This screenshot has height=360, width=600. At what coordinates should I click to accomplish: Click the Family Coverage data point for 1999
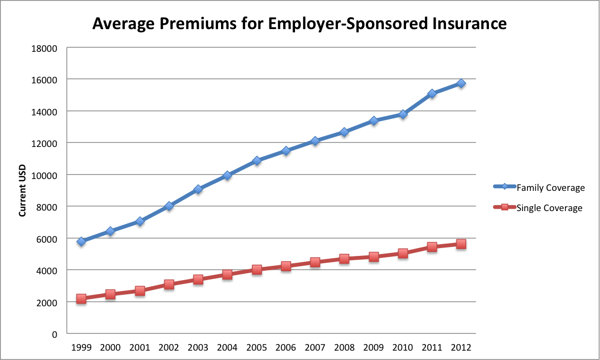tap(81, 241)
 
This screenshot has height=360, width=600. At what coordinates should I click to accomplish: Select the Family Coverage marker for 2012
tap(461, 83)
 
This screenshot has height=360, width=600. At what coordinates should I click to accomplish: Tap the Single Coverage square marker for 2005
tap(257, 270)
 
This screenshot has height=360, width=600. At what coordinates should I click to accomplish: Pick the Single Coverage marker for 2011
tap(432, 247)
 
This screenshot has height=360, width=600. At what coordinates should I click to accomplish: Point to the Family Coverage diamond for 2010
tap(403, 114)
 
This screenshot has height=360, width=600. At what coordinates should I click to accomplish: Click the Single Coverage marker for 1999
tap(81, 299)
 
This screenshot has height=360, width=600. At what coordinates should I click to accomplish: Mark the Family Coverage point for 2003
tap(198, 189)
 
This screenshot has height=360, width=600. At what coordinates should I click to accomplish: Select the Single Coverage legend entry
tap(538, 208)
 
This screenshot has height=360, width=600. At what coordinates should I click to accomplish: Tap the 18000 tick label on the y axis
tap(48, 48)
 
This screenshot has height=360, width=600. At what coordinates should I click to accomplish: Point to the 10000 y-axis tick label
tap(48, 175)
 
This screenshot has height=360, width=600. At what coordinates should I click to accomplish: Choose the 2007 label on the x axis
tap(315, 347)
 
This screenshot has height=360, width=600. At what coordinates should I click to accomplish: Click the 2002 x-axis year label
tap(169, 347)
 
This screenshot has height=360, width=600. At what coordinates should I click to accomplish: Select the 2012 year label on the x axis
tap(461, 347)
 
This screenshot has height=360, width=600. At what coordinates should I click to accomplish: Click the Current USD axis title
tap(22, 190)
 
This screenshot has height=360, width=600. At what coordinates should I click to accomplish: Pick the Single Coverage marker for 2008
tap(344, 259)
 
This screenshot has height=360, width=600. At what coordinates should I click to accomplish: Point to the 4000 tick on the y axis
tap(50, 270)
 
